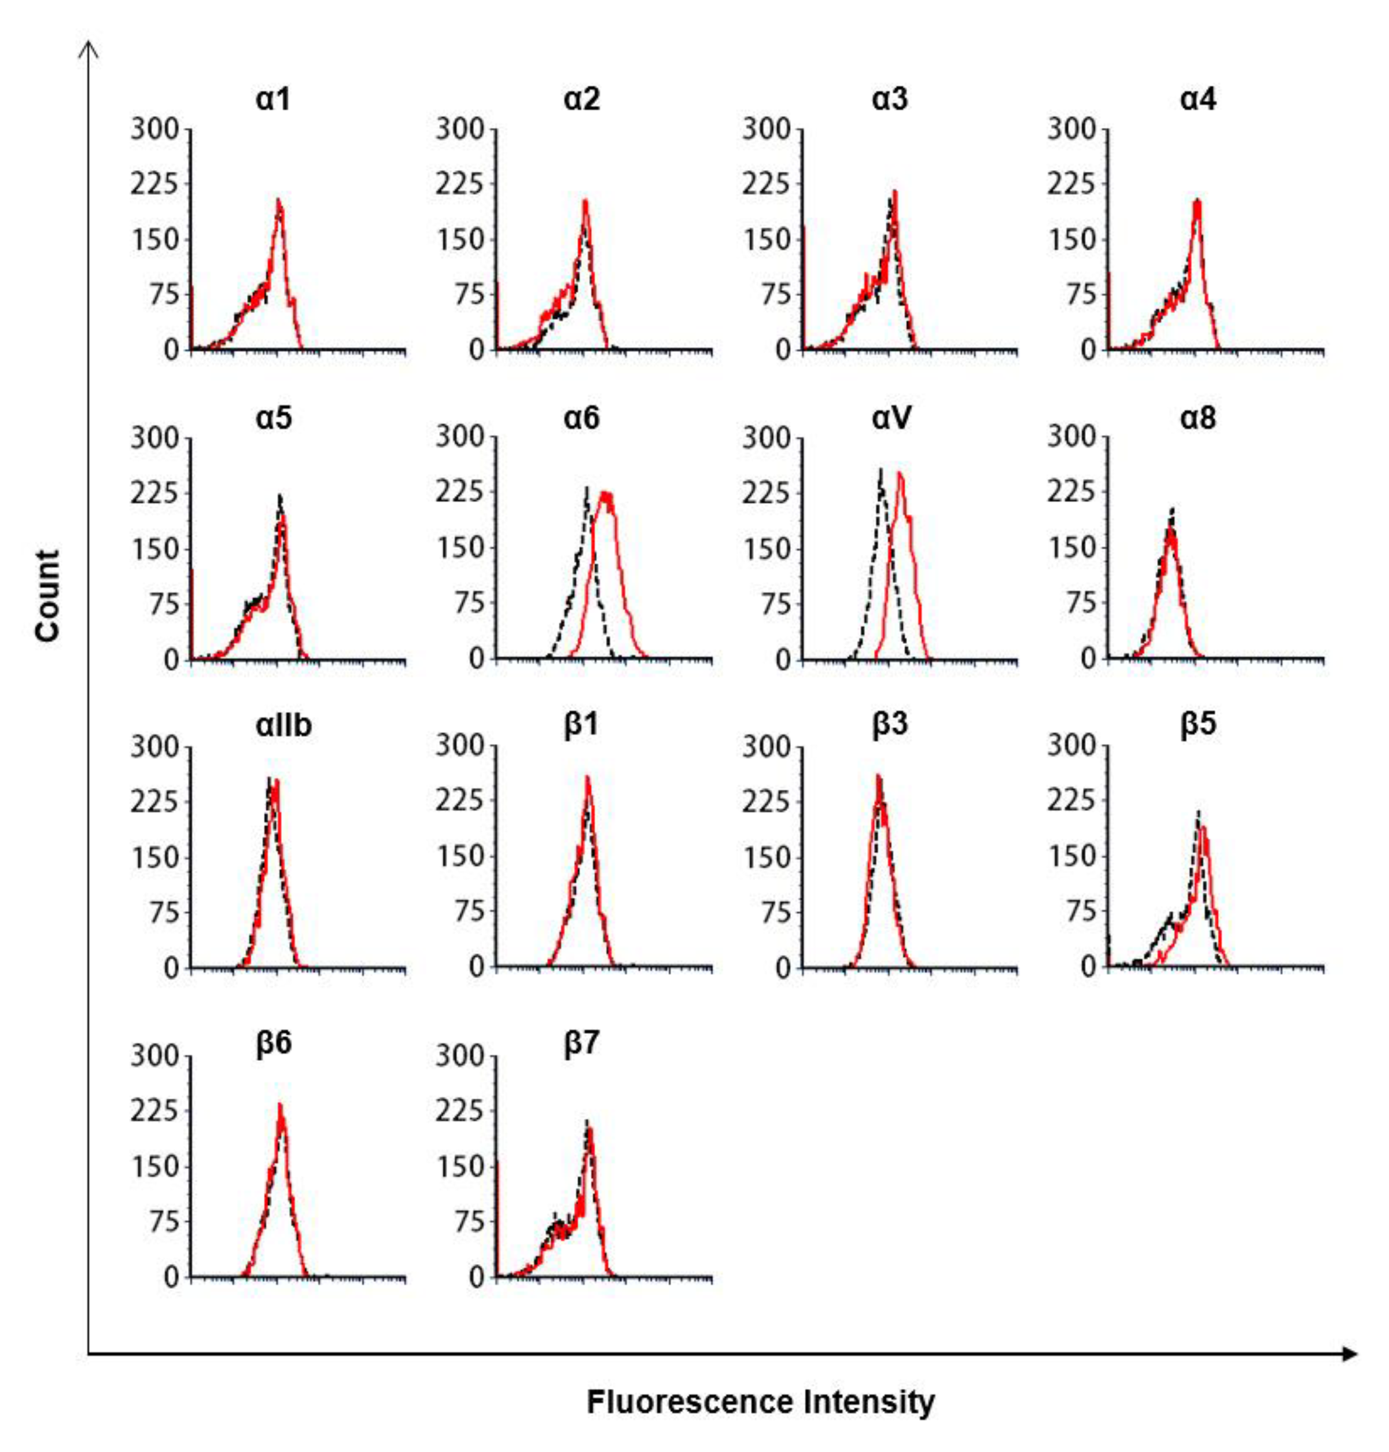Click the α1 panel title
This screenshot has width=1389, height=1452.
coord(273,99)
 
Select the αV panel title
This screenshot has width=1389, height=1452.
coord(891,418)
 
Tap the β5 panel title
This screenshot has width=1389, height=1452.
coord(1198,724)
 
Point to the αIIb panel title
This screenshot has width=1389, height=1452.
coord(283,724)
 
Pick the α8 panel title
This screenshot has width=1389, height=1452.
coord(1198,418)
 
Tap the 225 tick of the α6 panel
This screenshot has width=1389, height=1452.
coord(459,492)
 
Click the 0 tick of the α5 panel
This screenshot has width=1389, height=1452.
coord(172,659)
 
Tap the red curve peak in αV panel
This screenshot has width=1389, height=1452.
coord(900,474)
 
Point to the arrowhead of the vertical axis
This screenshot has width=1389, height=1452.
coord(89,48)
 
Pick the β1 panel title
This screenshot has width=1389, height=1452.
coord(582,724)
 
